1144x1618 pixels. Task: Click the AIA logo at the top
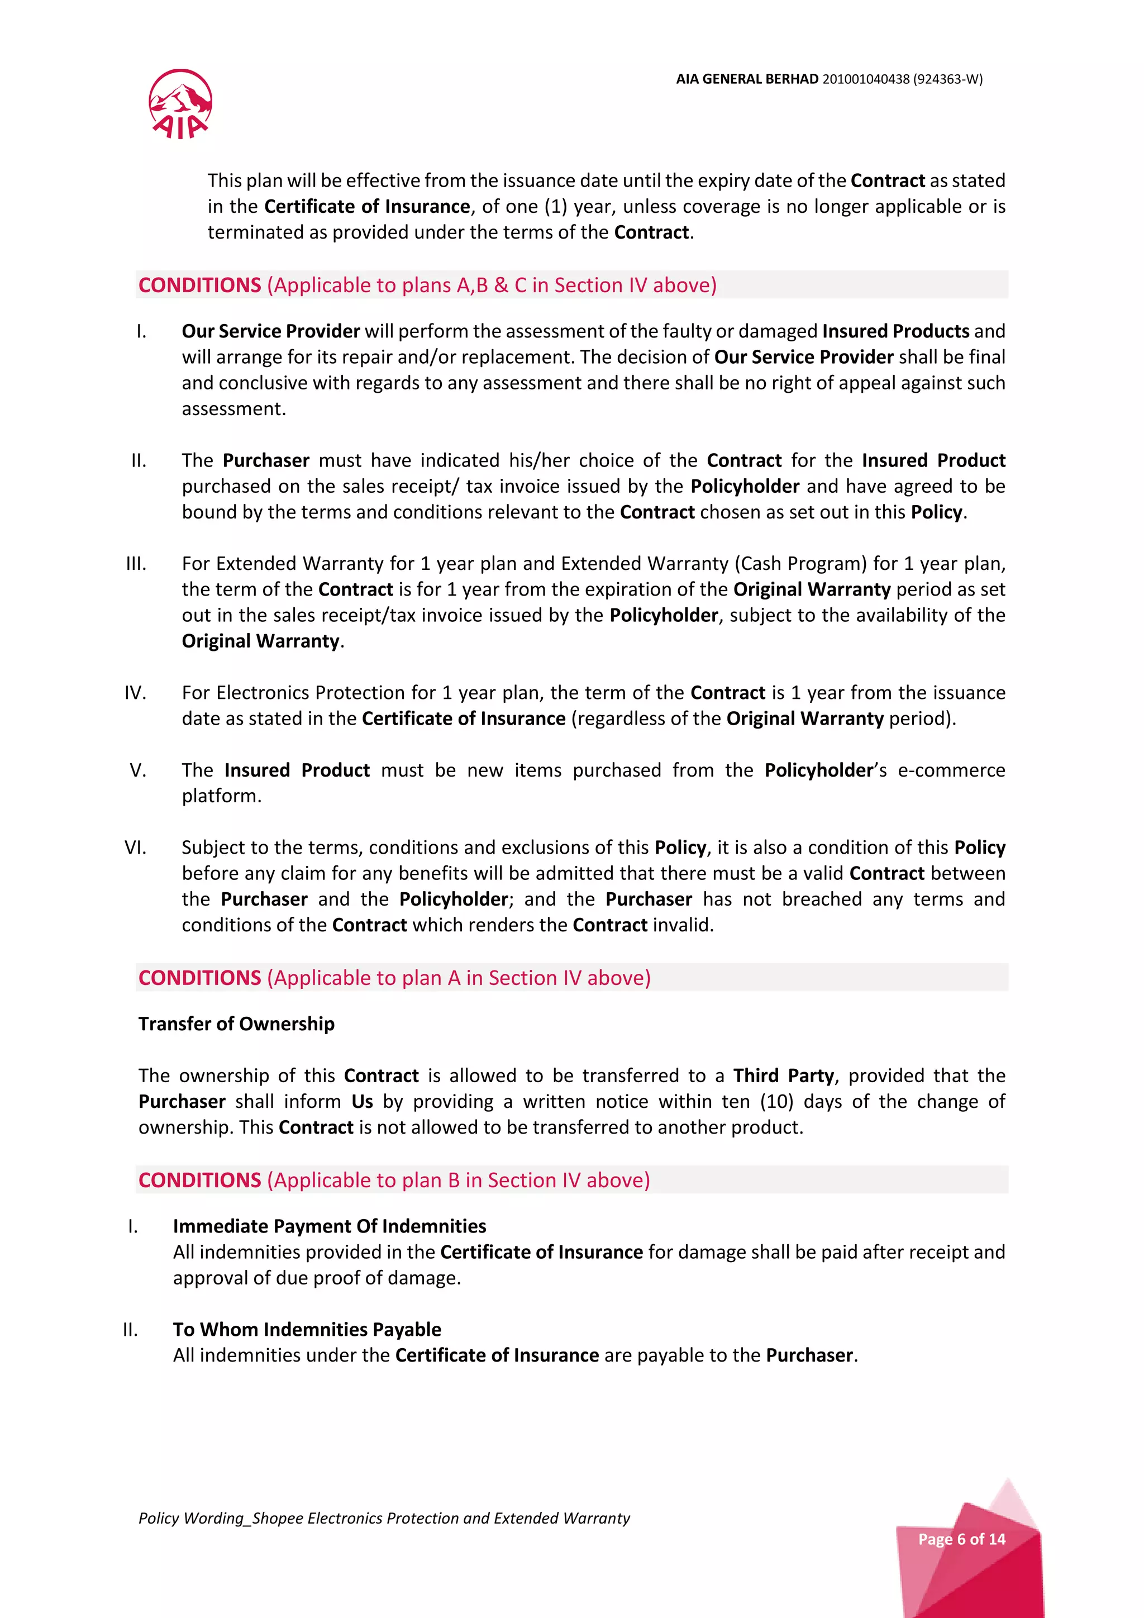pos(180,104)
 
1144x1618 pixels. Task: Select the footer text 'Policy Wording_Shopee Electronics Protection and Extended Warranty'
pos(384,1518)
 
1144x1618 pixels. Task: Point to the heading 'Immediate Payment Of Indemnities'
pos(329,1226)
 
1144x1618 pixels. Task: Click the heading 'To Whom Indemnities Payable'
pos(307,1329)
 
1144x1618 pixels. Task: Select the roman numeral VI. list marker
pos(136,848)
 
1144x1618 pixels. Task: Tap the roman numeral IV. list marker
pos(136,693)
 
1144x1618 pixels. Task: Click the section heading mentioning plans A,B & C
pos(427,285)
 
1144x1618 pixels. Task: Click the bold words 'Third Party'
pos(783,1076)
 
